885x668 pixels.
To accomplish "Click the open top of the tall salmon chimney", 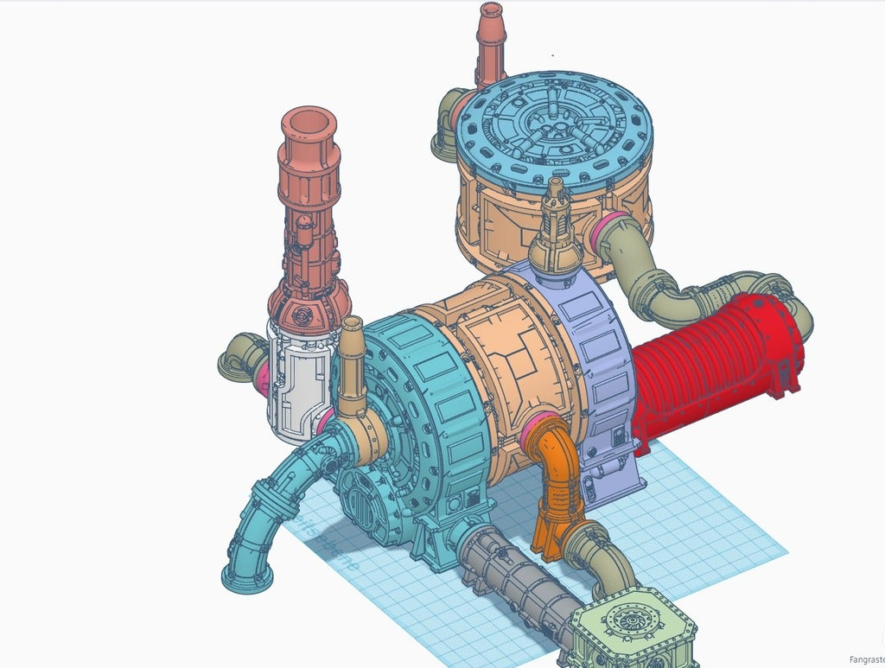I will click(309, 123).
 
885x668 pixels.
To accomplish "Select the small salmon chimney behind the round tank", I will click(491, 43).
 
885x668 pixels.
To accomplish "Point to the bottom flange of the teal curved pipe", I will click(246, 577).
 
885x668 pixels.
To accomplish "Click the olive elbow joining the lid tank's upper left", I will click(449, 125).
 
